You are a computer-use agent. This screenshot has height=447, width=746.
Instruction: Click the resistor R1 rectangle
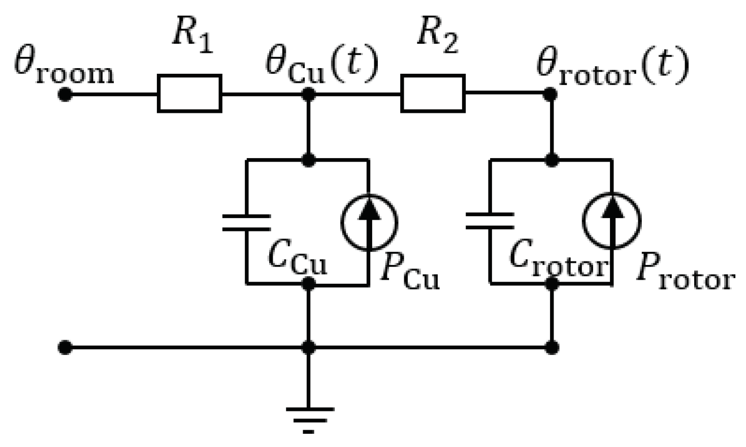[189, 93]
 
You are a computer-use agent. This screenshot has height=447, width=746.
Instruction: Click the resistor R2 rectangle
[433, 93]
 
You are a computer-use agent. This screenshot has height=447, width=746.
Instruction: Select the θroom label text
[63, 69]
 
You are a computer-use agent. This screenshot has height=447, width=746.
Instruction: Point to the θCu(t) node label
[322, 66]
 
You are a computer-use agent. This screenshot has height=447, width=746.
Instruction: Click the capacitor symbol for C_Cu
[246, 223]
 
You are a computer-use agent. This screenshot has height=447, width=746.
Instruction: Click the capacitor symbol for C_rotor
[490, 222]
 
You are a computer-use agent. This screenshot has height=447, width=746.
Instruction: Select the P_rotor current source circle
[611, 221]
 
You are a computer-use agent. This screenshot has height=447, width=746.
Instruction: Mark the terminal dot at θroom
[64, 94]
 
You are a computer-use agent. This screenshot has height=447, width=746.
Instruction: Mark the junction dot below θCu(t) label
[308, 94]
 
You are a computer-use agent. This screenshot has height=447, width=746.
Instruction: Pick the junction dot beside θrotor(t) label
[550, 94]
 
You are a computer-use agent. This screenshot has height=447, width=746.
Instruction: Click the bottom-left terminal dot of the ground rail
[64, 348]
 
